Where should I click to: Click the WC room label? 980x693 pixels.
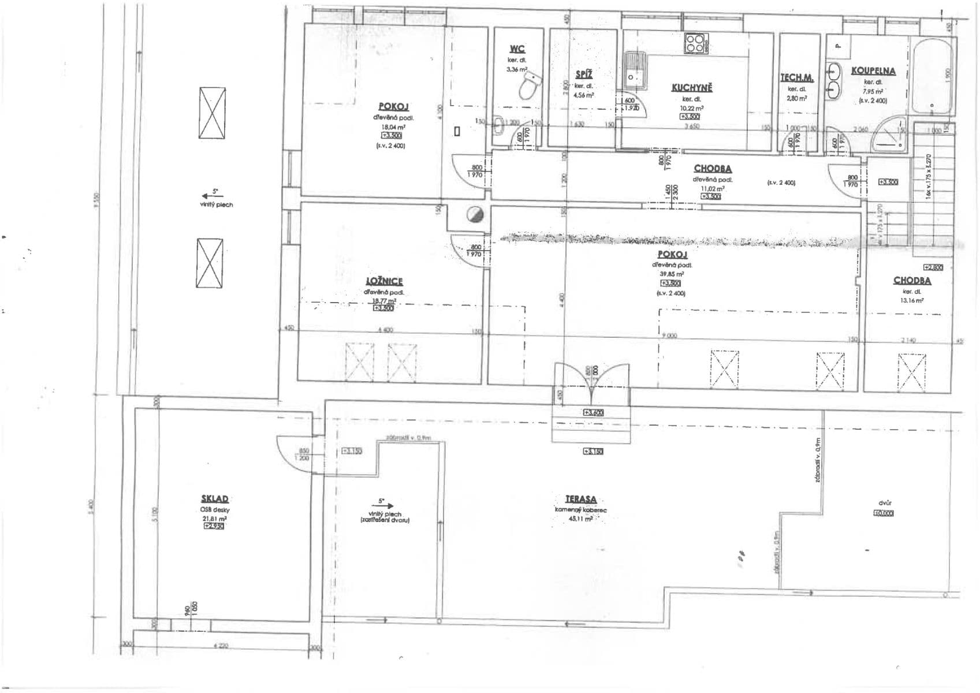[517, 49]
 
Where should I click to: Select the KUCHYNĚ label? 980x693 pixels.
[692, 88]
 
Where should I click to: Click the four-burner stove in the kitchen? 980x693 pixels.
[696, 43]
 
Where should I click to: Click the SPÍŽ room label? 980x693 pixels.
[584, 74]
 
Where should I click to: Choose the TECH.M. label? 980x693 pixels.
[797, 77]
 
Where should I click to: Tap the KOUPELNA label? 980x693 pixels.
[873, 71]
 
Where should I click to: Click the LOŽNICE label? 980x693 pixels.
[385, 281]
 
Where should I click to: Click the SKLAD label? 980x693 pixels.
[214, 498]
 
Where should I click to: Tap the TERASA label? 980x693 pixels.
[581, 500]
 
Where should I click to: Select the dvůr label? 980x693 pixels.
[884, 503]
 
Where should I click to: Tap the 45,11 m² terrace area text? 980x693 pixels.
[581, 519]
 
